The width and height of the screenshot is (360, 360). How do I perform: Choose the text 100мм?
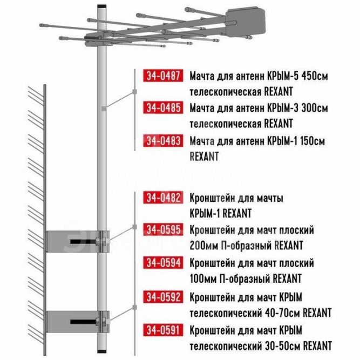pos(204,279)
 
